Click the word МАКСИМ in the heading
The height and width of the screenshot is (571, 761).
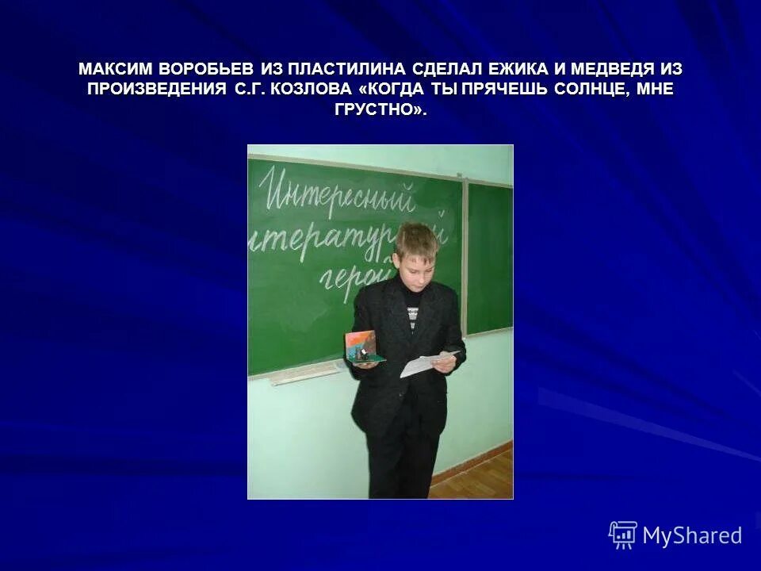[116, 70]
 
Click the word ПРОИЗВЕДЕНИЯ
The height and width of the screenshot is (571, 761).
[157, 90]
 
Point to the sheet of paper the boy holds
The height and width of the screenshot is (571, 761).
[429, 363]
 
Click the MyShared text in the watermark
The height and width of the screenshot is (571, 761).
[692, 535]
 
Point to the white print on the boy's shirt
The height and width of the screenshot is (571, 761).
[412, 316]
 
